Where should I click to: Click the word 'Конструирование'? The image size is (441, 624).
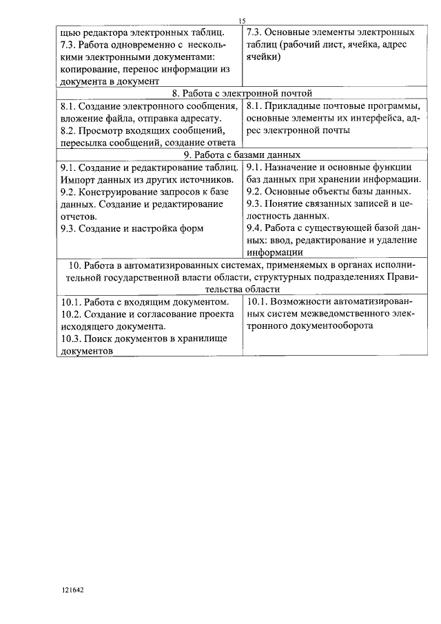(x=119, y=192)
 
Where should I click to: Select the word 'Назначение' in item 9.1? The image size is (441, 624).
(x=299, y=168)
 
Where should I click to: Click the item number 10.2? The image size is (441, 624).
(x=72, y=314)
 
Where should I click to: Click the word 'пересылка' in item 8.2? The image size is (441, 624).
(x=85, y=143)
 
